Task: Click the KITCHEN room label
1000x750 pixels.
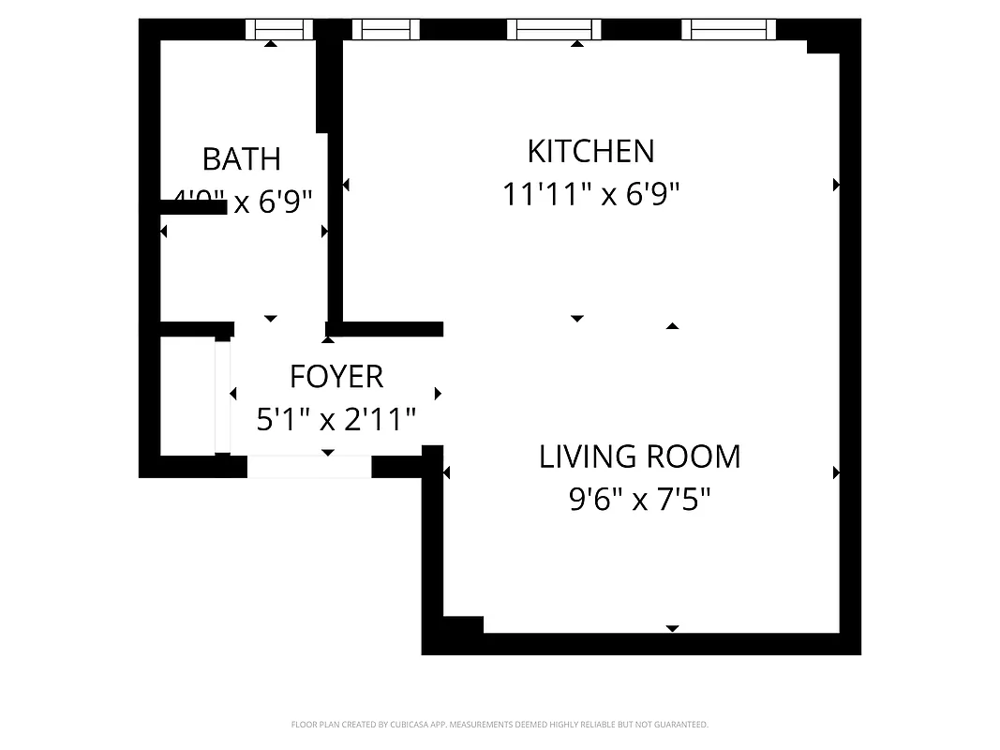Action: pos(590,151)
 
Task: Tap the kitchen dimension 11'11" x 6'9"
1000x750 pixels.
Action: pos(590,195)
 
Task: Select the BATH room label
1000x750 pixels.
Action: pos(242,159)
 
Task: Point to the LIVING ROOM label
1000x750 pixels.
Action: pos(639,457)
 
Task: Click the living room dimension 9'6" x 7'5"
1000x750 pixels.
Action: pos(639,500)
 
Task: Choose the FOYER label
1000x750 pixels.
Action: pos(336,376)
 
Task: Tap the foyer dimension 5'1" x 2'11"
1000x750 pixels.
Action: pos(336,419)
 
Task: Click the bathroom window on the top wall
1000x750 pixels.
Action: pos(278,30)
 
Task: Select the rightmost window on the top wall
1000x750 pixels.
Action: pos(729,30)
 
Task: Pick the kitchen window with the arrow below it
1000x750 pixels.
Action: pos(553,30)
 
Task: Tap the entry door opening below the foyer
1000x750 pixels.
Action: pos(309,466)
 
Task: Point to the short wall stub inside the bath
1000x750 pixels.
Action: pos(192,207)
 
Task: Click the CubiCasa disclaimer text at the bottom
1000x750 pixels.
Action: pos(500,725)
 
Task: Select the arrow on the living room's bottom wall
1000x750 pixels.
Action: pos(672,628)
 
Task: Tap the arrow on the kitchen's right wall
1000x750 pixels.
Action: pos(836,185)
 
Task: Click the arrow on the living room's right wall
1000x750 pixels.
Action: pos(836,472)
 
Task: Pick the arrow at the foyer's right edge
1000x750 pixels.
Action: pos(438,394)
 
